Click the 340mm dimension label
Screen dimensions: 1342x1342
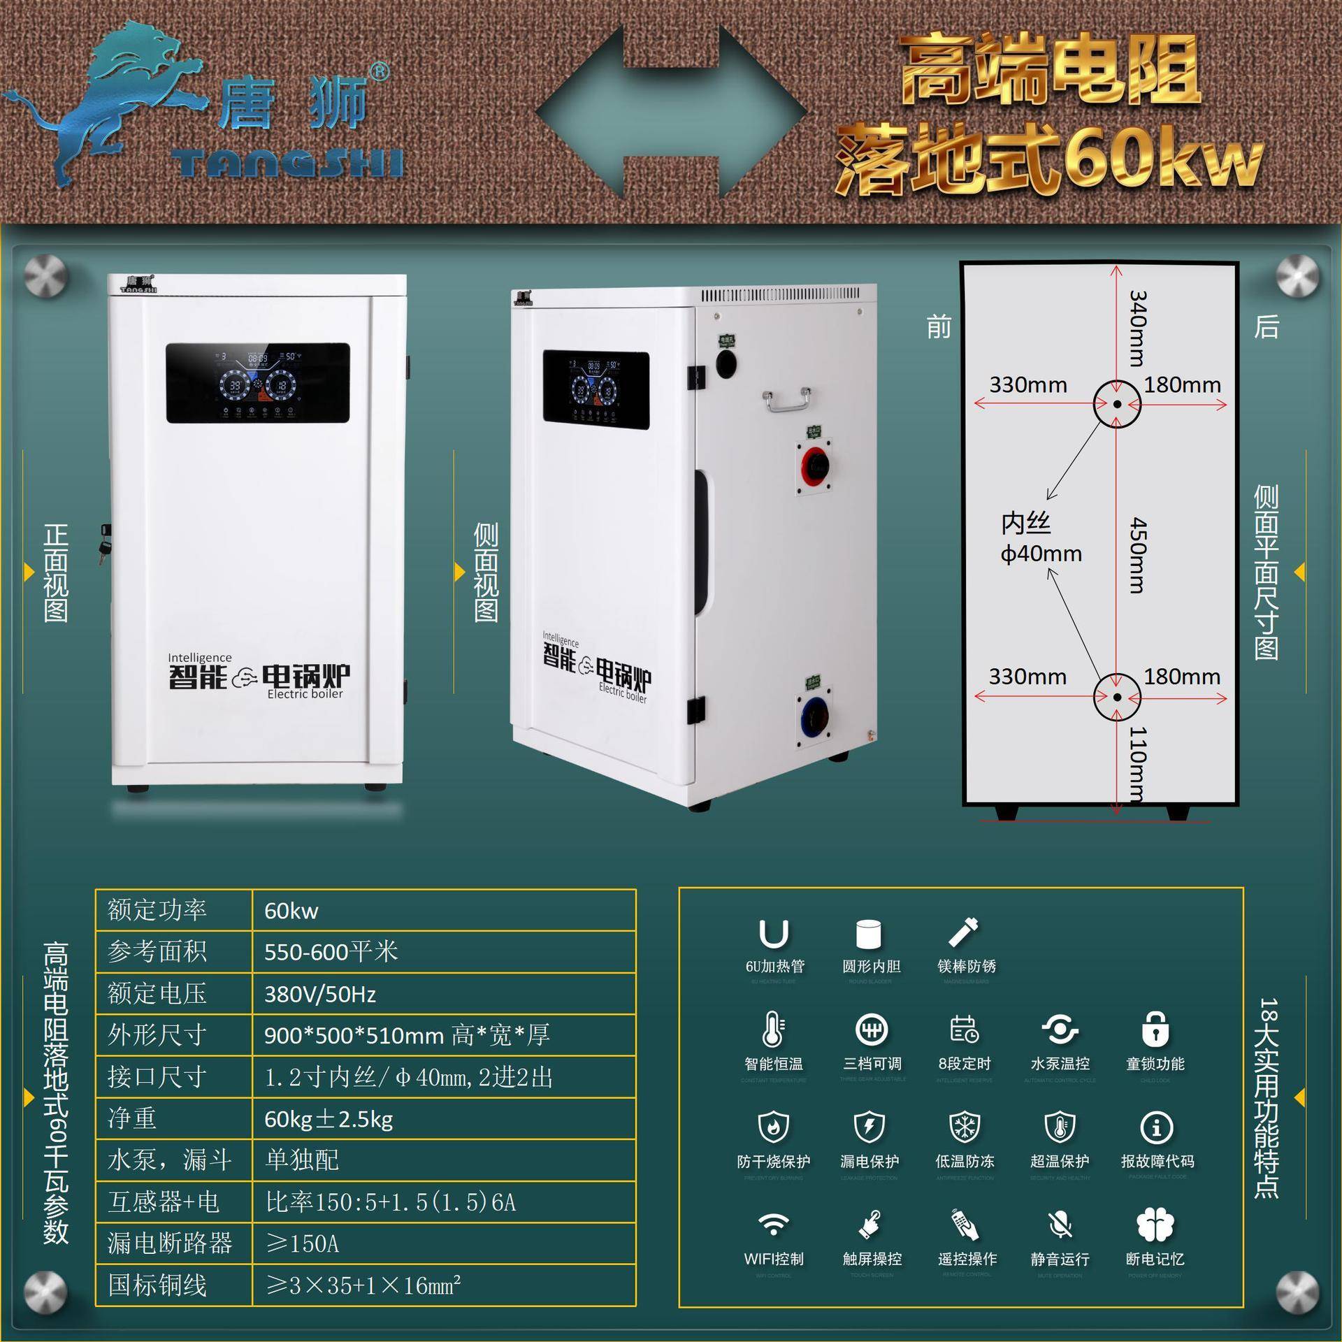tap(1137, 328)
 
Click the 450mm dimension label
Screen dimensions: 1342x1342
tap(1137, 555)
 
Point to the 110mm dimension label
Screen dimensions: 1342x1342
tap(1137, 763)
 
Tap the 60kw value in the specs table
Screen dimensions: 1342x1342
tap(291, 911)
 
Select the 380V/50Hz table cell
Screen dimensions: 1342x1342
tap(320, 994)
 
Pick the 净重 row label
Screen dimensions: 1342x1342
tap(132, 1118)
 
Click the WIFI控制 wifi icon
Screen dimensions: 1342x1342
tap(773, 1225)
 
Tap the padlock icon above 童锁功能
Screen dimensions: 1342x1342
tap(1155, 1030)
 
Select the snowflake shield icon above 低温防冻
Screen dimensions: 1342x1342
tap(965, 1127)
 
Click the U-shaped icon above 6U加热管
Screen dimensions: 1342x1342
tap(774, 934)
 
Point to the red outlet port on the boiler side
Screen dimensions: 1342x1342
tap(814, 462)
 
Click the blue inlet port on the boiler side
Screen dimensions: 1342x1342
tap(812, 714)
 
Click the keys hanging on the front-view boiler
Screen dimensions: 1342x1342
tap(105, 544)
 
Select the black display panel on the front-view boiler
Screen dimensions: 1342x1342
tap(257, 383)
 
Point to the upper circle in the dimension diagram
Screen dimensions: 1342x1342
tap(1117, 404)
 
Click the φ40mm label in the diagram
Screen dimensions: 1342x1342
tap(1041, 554)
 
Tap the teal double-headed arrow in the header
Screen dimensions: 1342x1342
tap(671, 112)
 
